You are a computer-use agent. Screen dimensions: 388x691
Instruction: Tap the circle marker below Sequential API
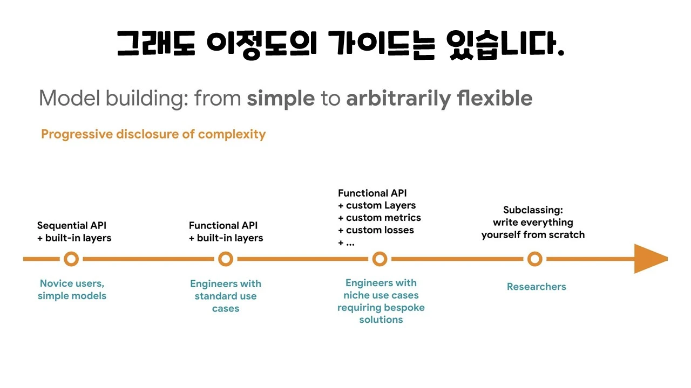(x=71, y=259)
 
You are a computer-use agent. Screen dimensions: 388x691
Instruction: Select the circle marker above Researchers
(x=534, y=259)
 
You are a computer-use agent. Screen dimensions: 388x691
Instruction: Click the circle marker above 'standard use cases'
(x=225, y=259)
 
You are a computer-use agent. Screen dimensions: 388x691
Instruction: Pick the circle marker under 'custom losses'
(x=380, y=259)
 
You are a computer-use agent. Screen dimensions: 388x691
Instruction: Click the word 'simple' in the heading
(x=281, y=99)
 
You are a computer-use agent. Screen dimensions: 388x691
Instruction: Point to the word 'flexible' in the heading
(x=494, y=99)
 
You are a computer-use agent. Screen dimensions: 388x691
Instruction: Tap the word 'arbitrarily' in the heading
(x=398, y=99)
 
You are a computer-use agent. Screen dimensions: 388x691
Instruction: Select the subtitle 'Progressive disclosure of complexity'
(x=153, y=134)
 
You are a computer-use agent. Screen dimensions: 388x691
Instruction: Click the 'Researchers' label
(x=536, y=287)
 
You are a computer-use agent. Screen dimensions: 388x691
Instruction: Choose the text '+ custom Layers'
(x=377, y=205)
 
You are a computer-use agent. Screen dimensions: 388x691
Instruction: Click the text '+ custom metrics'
(x=379, y=218)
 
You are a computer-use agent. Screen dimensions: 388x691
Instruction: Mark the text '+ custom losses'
(x=376, y=230)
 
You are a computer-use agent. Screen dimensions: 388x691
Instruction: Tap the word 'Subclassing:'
(x=533, y=210)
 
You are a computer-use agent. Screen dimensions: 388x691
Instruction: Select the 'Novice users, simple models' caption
(x=72, y=289)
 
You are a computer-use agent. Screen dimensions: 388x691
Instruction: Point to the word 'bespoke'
(x=404, y=308)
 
